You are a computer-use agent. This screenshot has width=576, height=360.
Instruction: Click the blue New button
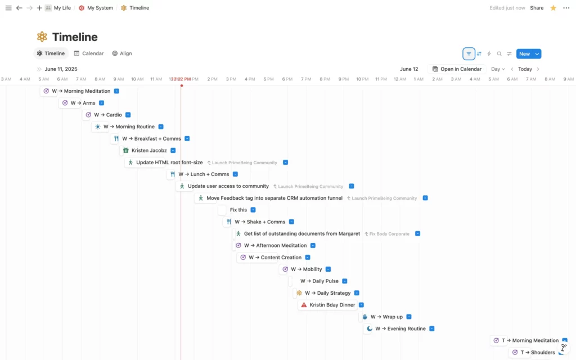coord(524,54)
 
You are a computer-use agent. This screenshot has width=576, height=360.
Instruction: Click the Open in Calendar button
coord(457,69)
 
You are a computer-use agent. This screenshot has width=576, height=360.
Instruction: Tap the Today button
coord(525,69)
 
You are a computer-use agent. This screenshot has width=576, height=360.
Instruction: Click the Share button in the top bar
coord(537,8)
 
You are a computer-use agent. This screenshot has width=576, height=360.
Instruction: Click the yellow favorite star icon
coord(553,8)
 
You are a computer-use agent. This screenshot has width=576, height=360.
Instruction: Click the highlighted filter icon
coord(469,54)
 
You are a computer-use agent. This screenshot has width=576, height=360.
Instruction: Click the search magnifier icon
coord(499,54)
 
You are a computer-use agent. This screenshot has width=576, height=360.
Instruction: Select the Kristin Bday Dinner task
coord(332,305)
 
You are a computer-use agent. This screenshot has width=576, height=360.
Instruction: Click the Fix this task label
coord(238,210)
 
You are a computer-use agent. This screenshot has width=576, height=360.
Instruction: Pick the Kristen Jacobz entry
coord(148,150)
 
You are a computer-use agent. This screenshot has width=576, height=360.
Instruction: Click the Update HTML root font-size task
coord(169,163)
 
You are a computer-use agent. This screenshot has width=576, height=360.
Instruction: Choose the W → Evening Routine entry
coord(400,328)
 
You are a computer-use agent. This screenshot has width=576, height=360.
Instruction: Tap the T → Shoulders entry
coord(537,353)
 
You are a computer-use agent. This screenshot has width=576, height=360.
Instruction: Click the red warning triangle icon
coord(304,305)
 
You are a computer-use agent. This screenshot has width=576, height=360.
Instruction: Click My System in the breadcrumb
coord(100,8)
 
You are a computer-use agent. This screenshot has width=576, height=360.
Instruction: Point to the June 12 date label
coord(409,69)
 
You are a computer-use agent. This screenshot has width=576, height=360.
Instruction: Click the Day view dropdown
coord(498,69)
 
